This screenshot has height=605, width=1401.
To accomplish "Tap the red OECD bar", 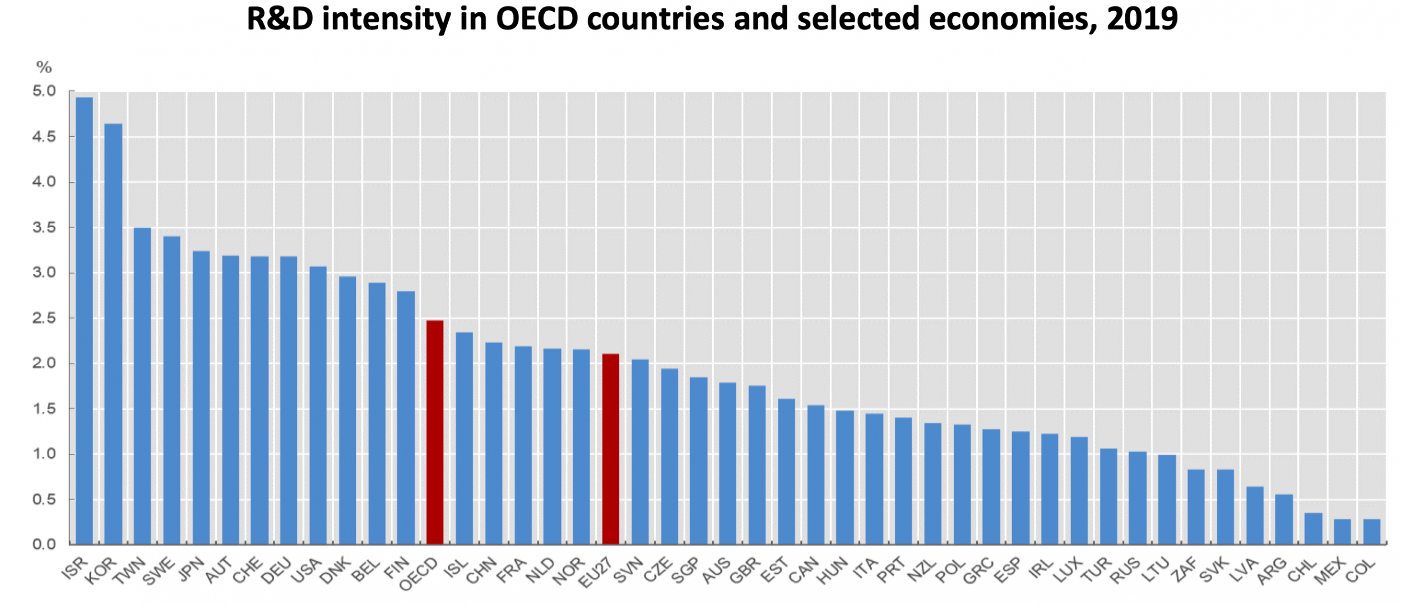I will tap(435, 432).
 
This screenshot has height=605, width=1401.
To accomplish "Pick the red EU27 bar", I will tap(610, 449).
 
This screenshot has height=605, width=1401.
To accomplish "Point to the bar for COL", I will tap(1371, 532).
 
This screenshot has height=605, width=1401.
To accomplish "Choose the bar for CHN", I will tap(493, 443).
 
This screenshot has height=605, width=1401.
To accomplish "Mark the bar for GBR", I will tap(757, 465).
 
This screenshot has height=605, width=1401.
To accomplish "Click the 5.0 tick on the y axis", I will tap(44, 91).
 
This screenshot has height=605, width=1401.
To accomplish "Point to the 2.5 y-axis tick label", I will tap(44, 318).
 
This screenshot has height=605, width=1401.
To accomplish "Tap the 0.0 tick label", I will tap(44, 544).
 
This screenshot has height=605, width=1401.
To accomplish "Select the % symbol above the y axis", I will tap(44, 67).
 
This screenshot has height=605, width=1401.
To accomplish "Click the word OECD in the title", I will tap(537, 19).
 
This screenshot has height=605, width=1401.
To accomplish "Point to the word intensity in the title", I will tap(387, 19).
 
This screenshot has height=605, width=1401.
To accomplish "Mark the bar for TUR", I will tap(1108, 496).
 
